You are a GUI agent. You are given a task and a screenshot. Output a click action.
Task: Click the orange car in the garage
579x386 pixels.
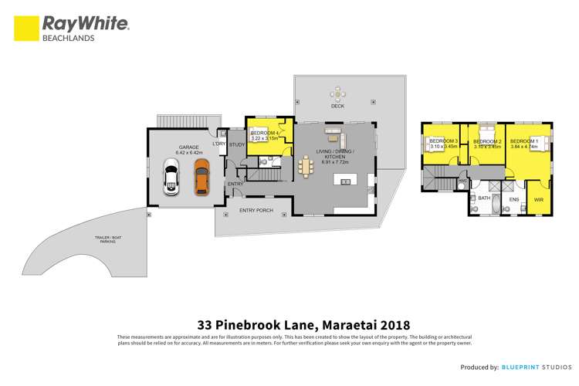coord(201,181)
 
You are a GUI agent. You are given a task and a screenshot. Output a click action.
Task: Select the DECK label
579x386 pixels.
coord(337,106)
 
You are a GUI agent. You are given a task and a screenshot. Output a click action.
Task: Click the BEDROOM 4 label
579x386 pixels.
coord(264,134)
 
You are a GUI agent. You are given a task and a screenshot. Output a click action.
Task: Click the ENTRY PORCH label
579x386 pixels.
coord(255,211)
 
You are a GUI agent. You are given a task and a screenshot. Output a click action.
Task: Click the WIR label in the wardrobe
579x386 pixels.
coord(539,200)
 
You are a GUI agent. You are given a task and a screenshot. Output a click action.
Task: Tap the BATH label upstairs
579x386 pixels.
coord(485,198)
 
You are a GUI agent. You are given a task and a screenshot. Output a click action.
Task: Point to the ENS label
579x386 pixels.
coord(514,199)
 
